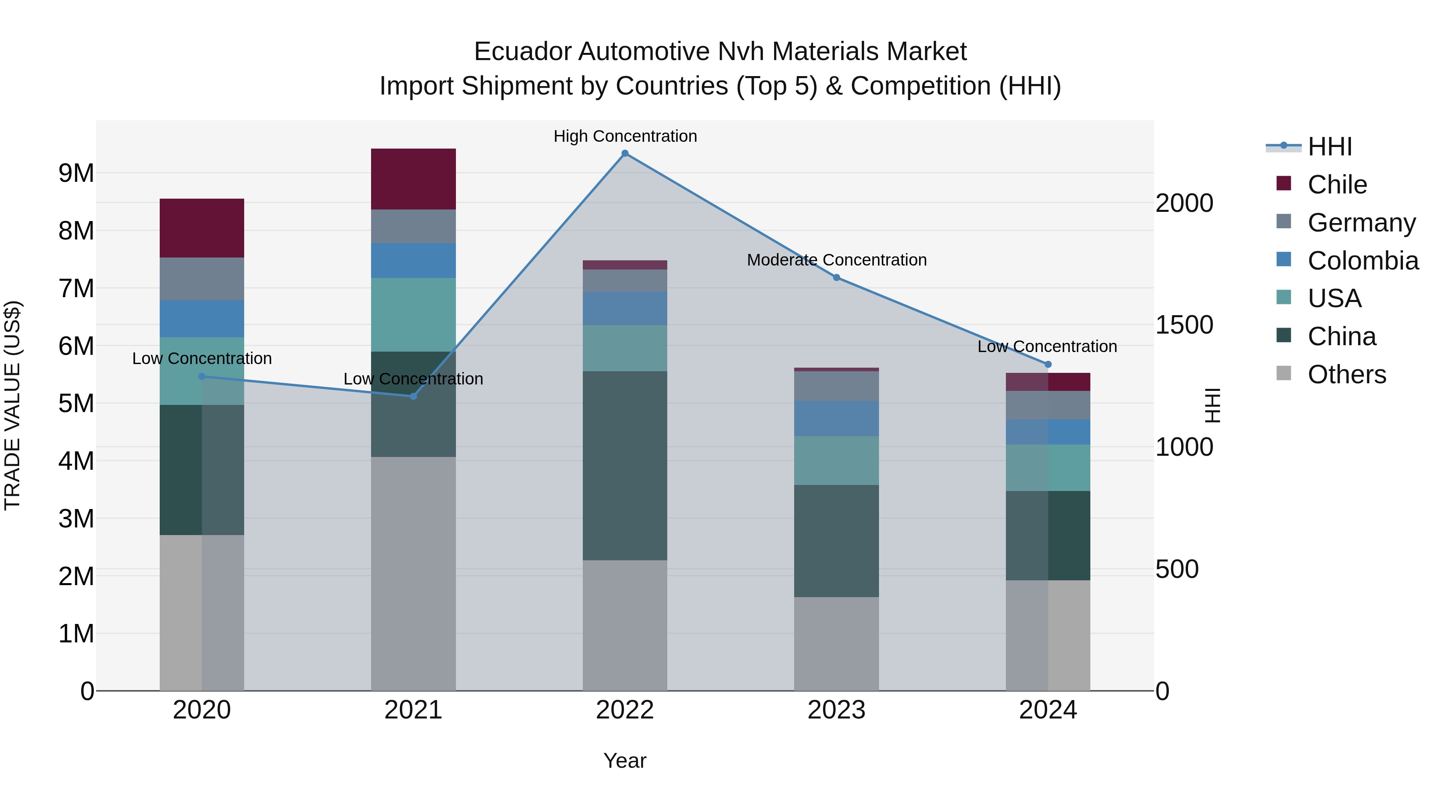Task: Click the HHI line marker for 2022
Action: (625, 153)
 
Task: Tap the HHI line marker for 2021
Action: (413, 396)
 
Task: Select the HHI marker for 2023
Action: (836, 278)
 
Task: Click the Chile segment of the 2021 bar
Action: (413, 179)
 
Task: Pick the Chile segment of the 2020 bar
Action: (202, 228)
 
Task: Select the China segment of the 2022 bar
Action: (625, 466)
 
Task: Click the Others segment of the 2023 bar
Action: (836, 644)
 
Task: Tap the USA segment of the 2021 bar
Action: (413, 314)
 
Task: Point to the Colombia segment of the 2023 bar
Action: (836, 418)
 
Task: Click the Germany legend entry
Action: (1361, 223)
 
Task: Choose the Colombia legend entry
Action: (1363, 261)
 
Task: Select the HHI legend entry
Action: (1330, 147)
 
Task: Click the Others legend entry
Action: (1347, 374)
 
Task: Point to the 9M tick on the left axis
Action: (76, 173)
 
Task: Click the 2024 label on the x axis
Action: (1048, 710)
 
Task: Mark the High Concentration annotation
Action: (625, 136)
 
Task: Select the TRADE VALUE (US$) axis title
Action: (12, 405)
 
